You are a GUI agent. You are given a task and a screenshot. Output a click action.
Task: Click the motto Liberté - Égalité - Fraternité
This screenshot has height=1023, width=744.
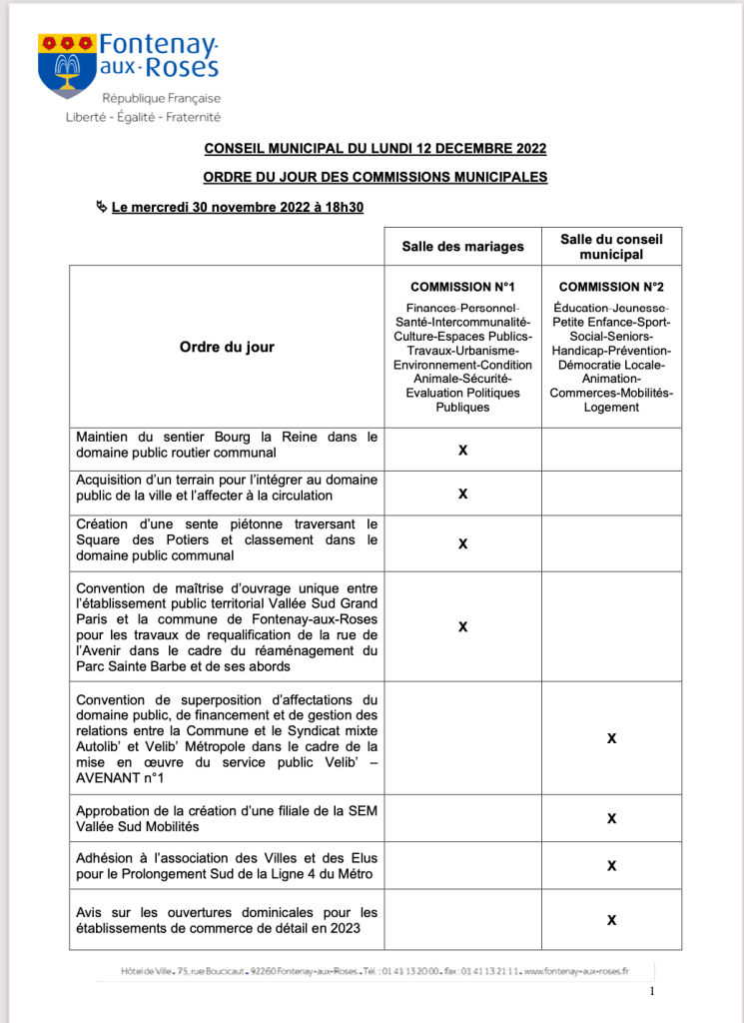[x=143, y=117]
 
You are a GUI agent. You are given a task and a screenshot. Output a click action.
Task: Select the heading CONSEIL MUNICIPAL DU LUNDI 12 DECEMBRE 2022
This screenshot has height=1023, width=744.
[x=375, y=149]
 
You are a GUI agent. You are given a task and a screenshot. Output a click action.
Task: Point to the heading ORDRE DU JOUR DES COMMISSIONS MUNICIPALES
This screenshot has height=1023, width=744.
[x=375, y=177]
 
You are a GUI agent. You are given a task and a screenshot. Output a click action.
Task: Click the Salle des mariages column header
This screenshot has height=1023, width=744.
[x=462, y=247]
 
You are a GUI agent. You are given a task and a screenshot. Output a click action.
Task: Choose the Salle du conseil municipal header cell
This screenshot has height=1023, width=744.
[x=611, y=247]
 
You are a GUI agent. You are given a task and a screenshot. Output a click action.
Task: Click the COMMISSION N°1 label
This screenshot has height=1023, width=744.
[x=462, y=287]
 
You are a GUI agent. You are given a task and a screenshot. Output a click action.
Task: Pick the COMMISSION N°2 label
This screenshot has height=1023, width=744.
[x=611, y=287]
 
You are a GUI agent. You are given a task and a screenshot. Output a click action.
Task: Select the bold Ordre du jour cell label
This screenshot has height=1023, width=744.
[x=227, y=347]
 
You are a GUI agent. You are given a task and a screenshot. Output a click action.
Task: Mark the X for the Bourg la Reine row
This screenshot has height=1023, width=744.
[x=462, y=451]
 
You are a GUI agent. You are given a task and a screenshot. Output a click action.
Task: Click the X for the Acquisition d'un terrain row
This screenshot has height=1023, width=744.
[x=462, y=494]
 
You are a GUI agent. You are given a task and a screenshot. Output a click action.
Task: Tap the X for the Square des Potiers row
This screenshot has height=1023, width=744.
[x=462, y=543]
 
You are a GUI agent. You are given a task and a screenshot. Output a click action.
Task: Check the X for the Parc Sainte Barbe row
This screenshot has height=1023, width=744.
[x=462, y=626]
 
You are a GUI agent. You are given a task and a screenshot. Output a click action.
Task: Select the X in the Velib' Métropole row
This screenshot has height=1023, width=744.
[x=611, y=737]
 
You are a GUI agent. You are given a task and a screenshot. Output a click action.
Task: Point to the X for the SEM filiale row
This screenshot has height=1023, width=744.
[x=611, y=818]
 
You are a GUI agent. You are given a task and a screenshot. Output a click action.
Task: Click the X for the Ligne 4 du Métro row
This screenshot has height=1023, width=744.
[x=611, y=865]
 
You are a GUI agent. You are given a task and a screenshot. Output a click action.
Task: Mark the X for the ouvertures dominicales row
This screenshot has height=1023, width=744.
[x=611, y=919]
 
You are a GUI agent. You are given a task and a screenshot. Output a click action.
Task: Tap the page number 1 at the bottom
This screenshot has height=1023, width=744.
[x=651, y=991]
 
